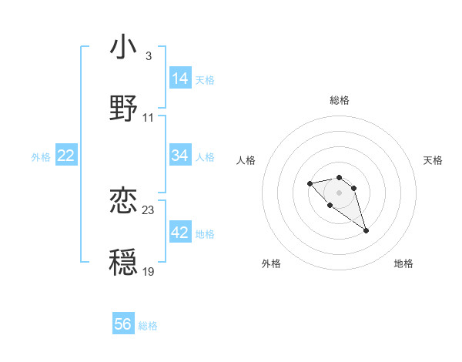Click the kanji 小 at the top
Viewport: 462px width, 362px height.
tap(123, 48)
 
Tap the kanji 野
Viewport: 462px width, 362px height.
tap(123, 108)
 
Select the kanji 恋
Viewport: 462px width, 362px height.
tap(123, 201)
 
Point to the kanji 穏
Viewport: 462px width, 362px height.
tap(123, 261)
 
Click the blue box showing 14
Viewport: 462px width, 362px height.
tap(180, 79)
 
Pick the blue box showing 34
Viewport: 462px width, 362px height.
tap(180, 156)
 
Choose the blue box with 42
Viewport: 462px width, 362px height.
tap(180, 233)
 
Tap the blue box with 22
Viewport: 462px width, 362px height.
tap(66, 156)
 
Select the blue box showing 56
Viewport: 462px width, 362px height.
tap(123, 324)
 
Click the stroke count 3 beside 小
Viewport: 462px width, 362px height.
tap(148, 56)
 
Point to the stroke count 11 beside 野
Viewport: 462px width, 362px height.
tap(149, 118)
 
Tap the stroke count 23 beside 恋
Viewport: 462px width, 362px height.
tap(149, 210)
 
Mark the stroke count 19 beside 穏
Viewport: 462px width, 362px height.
tap(149, 272)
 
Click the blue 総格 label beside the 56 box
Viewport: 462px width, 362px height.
tap(148, 326)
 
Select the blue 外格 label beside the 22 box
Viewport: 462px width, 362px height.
tap(41, 157)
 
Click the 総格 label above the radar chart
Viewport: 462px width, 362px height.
tap(340, 100)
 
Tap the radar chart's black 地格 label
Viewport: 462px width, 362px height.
tap(403, 263)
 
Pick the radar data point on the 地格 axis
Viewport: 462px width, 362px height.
tap(367, 230)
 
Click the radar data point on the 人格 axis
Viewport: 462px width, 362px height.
tap(310, 183)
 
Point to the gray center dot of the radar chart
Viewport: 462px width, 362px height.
tap(339, 193)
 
